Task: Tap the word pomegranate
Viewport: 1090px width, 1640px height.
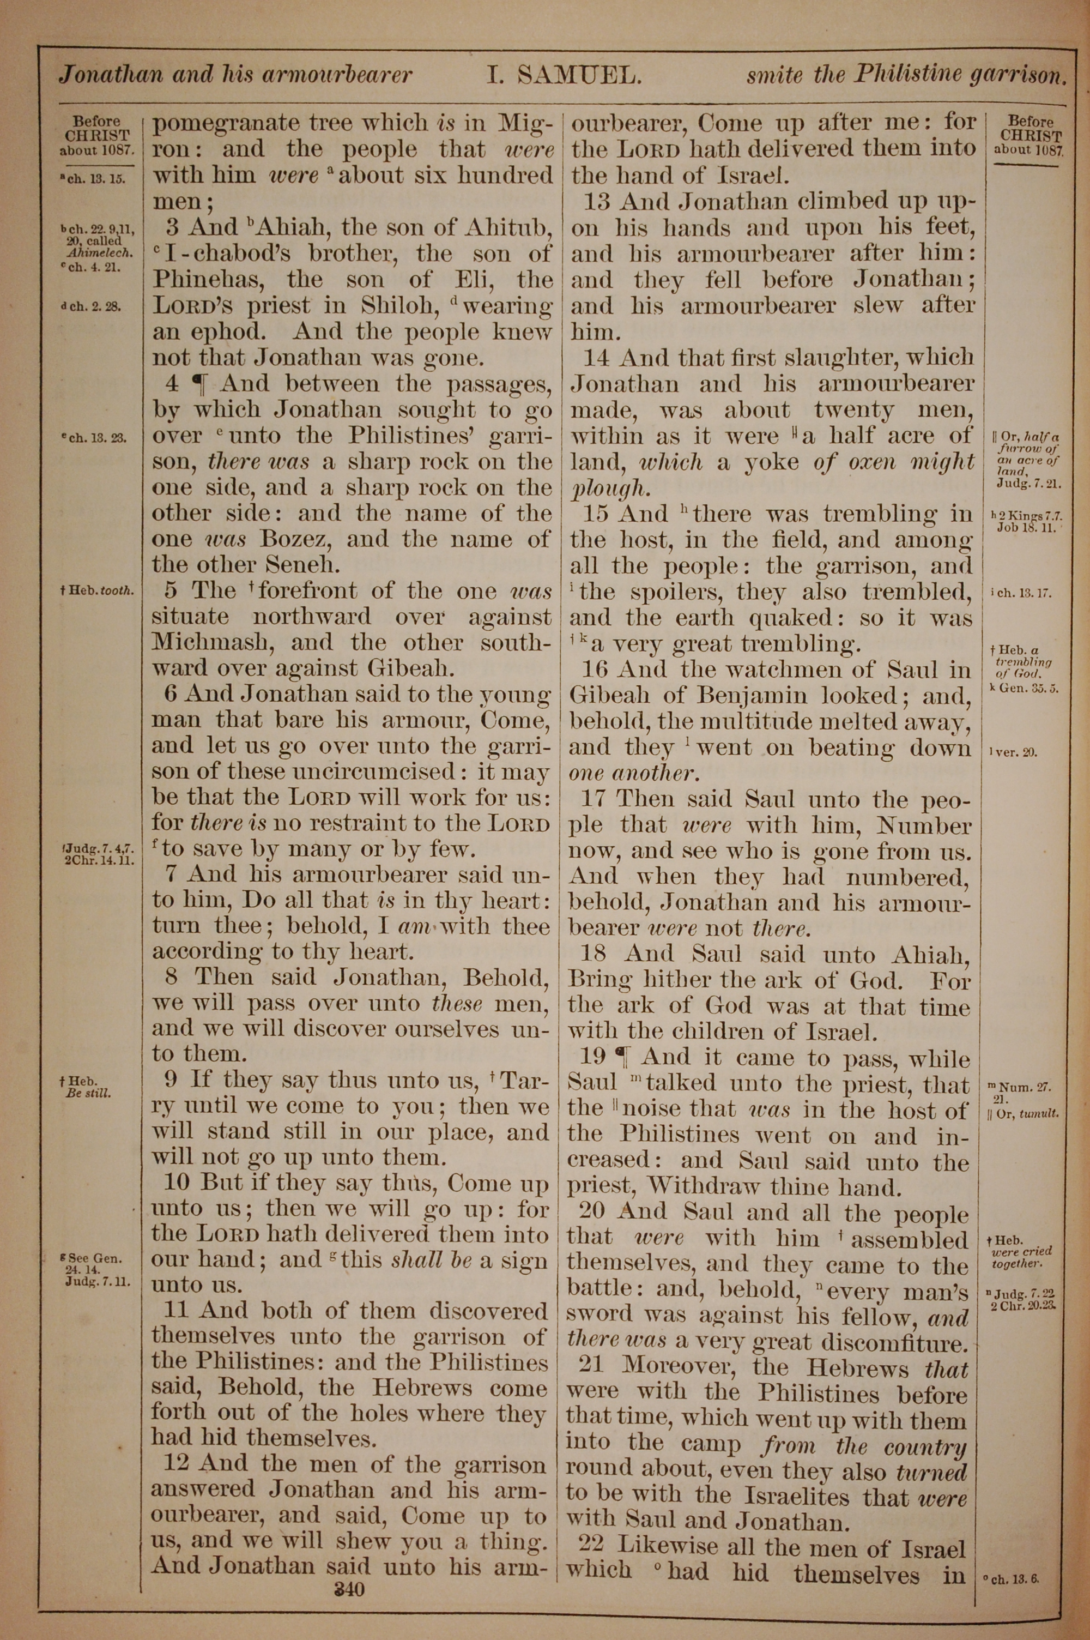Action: point(226,124)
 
